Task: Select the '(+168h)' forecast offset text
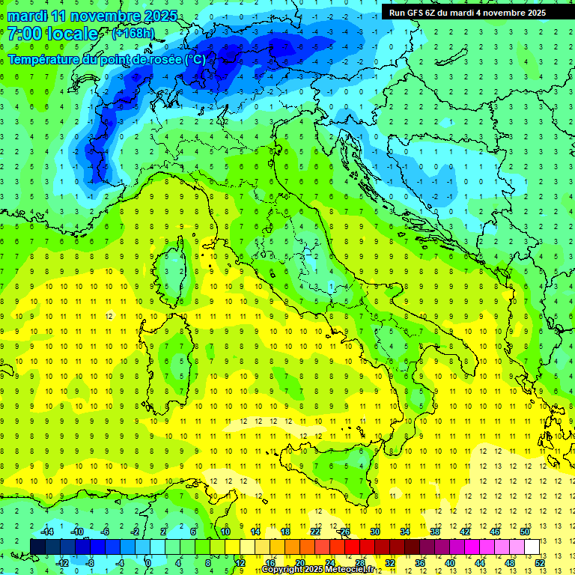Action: point(133,34)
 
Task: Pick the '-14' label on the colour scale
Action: point(47,532)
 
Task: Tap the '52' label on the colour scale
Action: point(540,562)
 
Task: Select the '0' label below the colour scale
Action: point(147,562)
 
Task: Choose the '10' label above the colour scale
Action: point(225,532)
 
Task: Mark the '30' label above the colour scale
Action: point(375,532)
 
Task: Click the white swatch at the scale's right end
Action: point(532,547)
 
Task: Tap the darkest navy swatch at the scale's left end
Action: point(38,547)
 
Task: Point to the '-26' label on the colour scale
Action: point(344,532)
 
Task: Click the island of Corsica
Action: point(174,266)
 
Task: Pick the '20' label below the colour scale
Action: point(299,562)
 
